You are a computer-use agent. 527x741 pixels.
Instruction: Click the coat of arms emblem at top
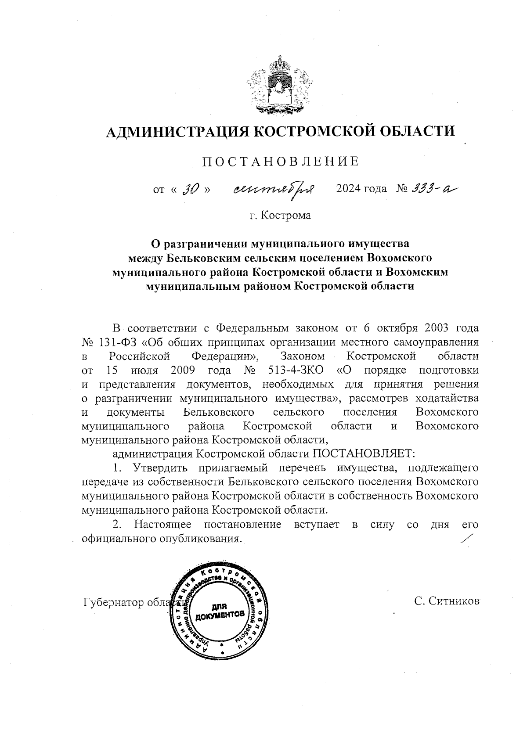[x=279, y=86]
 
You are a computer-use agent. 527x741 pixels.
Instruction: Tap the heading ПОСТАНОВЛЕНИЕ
[x=280, y=162]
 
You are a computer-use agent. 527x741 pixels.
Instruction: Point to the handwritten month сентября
[x=274, y=189]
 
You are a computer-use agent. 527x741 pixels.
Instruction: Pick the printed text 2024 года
[x=361, y=189]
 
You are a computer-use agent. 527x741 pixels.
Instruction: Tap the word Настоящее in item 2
[x=162, y=525]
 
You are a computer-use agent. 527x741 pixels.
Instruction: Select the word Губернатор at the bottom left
[x=113, y=603]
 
